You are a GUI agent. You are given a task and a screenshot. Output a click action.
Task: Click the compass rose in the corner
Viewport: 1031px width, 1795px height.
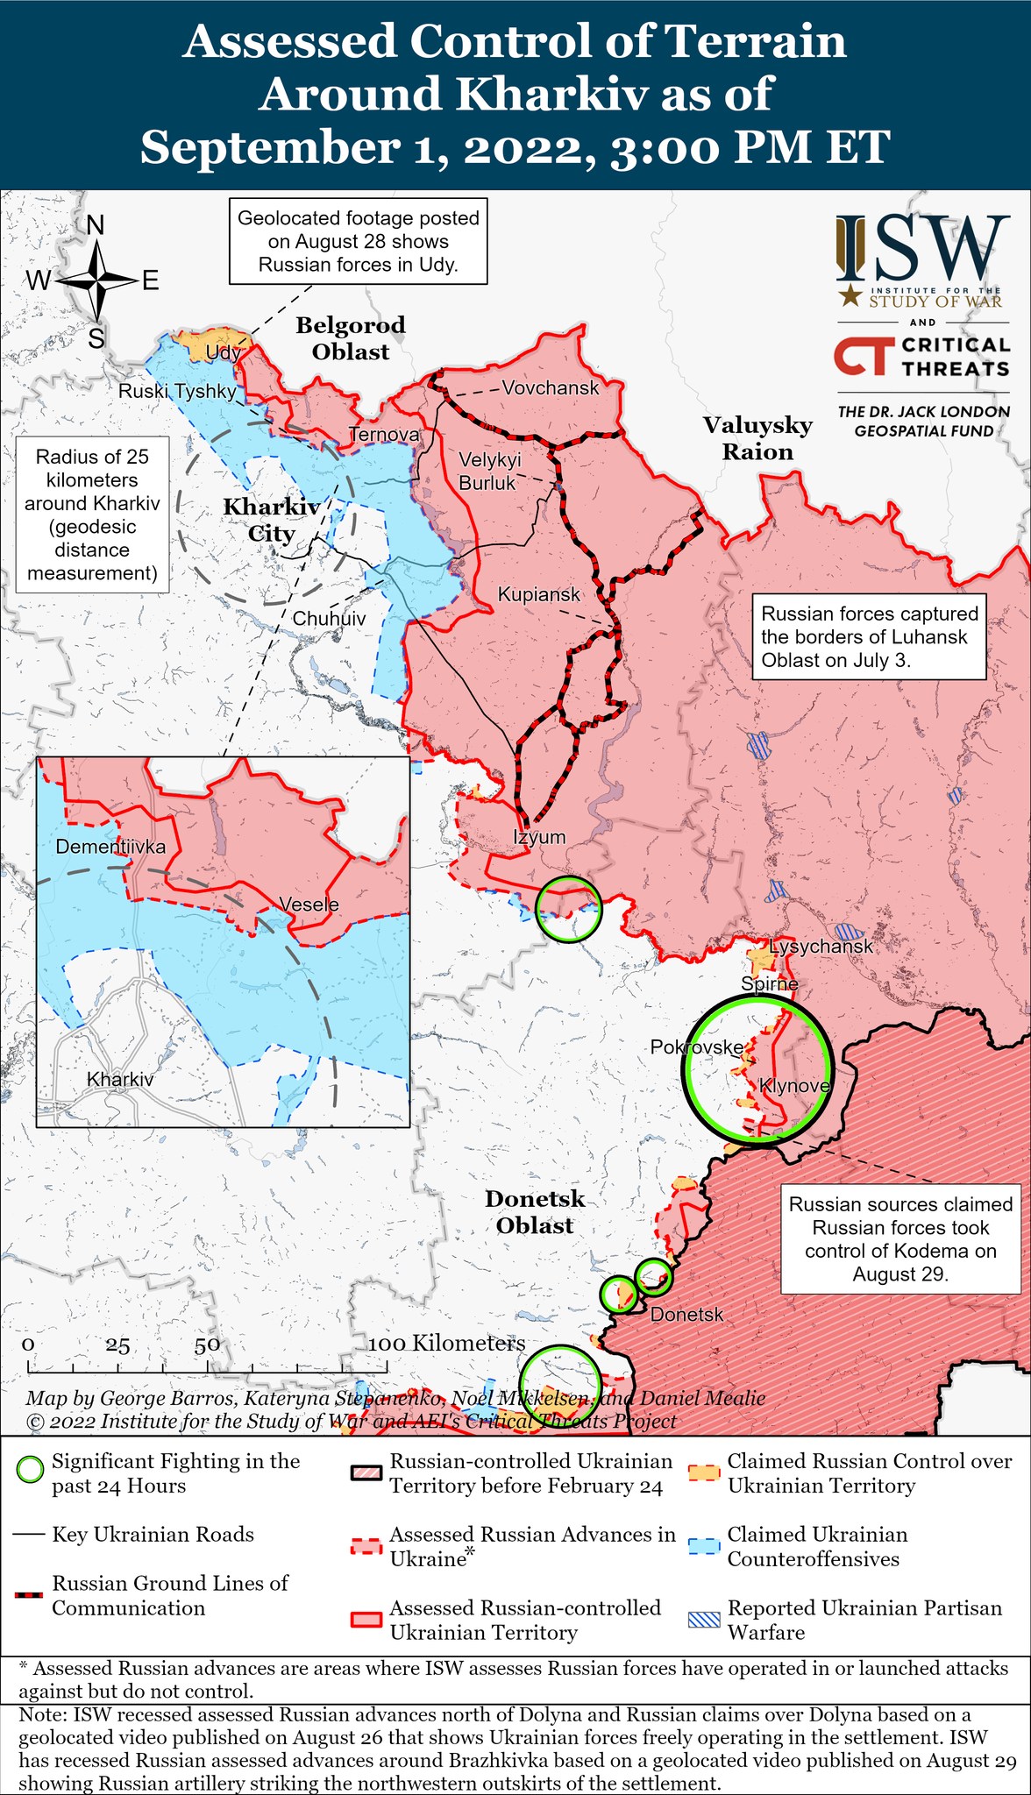click(96, 281)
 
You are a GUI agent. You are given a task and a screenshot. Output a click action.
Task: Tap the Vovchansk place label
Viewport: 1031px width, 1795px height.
click(550, 387)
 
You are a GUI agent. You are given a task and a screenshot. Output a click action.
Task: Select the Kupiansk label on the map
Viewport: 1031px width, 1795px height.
click(538, 594)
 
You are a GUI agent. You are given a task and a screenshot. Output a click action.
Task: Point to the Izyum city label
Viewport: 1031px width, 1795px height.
click(539, 836)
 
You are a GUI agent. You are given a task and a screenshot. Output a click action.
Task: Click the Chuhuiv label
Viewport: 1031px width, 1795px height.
click(329, 618)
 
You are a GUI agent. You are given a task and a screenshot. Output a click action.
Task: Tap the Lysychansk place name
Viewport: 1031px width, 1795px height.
click(821, 946)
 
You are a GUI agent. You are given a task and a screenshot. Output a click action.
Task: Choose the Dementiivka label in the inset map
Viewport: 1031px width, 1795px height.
click(110, 847)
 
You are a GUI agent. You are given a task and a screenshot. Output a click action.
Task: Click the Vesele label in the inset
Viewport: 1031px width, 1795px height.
click(309, 904)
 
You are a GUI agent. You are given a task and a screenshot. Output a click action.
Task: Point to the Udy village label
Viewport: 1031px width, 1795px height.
click(223, 352)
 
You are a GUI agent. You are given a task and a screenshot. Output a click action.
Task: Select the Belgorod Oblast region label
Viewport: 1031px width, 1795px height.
click(351, 338)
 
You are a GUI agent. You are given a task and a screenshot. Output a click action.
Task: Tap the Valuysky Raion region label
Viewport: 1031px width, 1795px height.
click(757, 438)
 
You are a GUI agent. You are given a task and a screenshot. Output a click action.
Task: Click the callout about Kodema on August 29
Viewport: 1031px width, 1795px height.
click(900, 1238)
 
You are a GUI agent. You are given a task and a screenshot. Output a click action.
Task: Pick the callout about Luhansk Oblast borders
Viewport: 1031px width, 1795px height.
click(868, 636)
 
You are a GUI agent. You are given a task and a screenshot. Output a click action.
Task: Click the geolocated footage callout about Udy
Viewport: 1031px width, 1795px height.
click(359, 241)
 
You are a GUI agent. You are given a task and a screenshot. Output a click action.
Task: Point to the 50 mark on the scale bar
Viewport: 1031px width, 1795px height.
click(207, 1344)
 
